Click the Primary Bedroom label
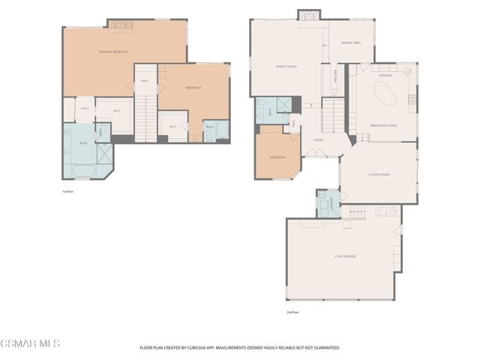coord(113,52)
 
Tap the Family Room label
coord(286,67)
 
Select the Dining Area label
coord(351,43)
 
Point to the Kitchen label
coord(385,76)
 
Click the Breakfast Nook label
coord(382,125)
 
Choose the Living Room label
coord(379,175)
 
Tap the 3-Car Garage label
coord(345,256)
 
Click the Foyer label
coord(319,139)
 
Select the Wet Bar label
coord(334,75)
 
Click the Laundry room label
coord(328,203)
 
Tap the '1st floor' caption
coord(67,192)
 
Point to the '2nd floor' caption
coord(292,311)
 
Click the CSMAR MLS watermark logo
coord(30,343)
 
